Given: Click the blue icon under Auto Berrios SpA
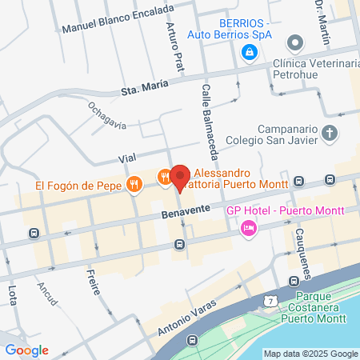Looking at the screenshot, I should pos(250,53).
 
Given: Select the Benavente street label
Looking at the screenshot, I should pos(185,211).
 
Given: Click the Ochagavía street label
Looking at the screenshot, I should pos(107,114).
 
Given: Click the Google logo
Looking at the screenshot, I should pos(26,350).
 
